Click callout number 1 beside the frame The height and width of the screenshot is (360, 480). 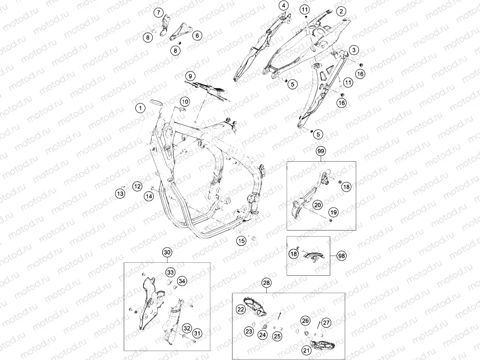pos(141,108)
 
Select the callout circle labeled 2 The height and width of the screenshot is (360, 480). pos(341,12)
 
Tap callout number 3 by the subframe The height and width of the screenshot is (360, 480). pos(354,50)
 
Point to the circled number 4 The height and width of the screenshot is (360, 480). pos(284,5)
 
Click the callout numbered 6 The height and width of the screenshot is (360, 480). pos(197,36)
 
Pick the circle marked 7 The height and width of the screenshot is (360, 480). pos(158,13)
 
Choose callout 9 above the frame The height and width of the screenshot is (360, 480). pos(190,76)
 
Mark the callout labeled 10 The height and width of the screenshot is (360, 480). pos(184,102)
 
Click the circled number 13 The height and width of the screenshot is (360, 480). pos(120,193)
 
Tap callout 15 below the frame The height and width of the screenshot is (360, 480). pos(241,241)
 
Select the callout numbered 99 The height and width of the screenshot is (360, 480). pos(321,151)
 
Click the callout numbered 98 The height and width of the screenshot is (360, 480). pos(342,256)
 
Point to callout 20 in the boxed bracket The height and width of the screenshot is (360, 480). pos(317,205)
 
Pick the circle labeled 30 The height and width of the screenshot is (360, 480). pos(167,252)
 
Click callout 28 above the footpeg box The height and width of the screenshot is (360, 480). pos(267,283)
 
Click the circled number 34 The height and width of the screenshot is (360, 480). pos(182,281)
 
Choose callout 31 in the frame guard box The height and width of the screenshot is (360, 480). pos(197,334)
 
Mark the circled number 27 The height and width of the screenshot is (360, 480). pos(326,322)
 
